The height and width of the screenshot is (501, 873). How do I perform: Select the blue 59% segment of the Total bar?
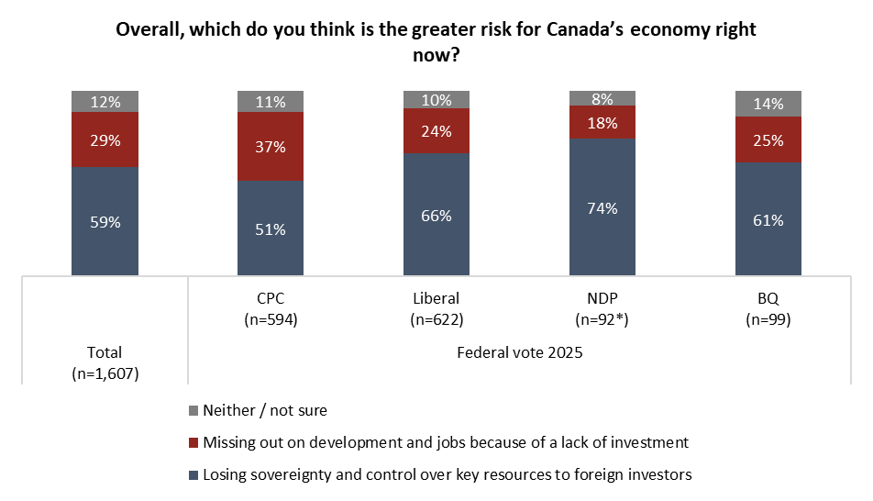105,220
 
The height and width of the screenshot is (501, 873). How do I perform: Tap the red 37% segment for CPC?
271,147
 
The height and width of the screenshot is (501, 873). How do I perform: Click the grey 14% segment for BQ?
768,104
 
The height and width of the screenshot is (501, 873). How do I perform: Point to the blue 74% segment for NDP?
602,206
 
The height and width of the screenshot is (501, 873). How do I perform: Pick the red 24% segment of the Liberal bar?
436,130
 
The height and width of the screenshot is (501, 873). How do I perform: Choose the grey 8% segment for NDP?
602,98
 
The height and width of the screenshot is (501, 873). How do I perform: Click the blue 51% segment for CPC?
271,228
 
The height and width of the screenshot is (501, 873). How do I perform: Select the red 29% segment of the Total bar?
105,139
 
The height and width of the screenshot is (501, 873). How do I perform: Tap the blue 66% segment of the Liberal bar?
436,215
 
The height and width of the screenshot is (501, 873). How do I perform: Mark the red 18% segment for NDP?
602,122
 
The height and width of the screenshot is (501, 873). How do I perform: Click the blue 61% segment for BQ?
768,219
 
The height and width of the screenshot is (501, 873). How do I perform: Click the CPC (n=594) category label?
271,310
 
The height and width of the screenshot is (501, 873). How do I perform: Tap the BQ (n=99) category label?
768,310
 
